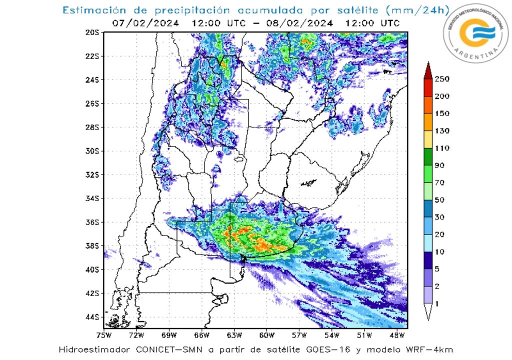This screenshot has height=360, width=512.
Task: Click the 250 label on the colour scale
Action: [x=442, y=79]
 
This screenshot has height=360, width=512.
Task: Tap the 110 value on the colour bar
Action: [x=442, y=148]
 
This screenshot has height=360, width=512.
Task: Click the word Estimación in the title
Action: [x=90, y=10]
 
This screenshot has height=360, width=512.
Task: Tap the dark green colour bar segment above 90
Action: [x=428, y=156]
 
